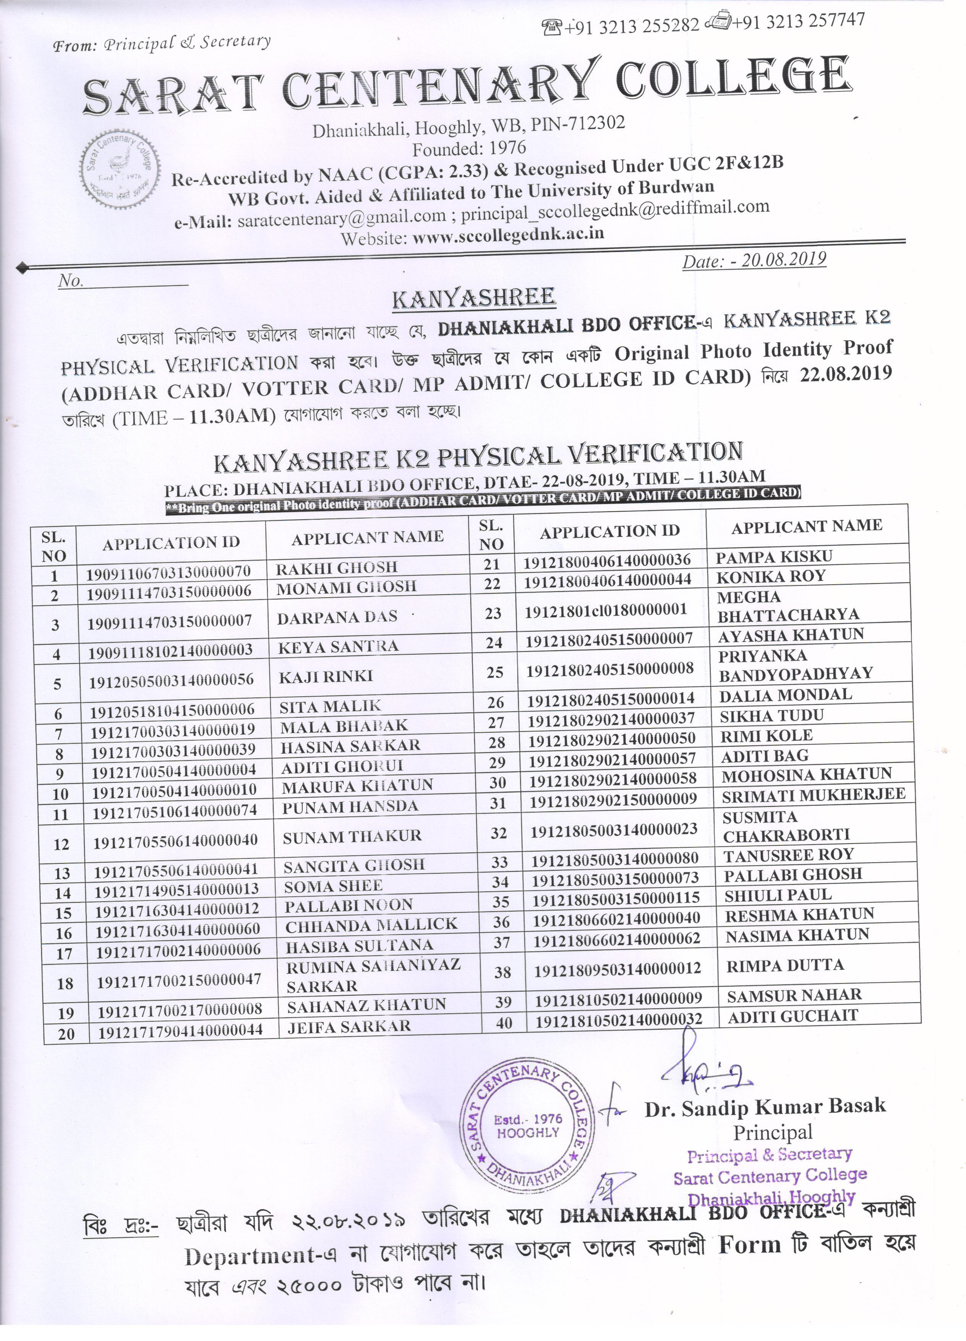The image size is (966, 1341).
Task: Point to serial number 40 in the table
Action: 504,1022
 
